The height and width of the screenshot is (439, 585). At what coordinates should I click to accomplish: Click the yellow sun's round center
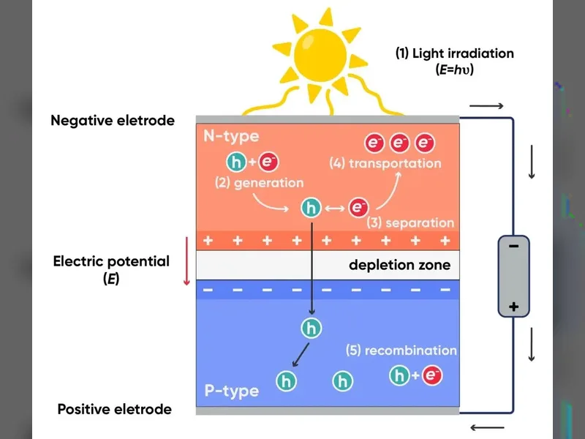coord(320,56)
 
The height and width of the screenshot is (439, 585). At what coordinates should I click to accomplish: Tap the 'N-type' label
coord(231,137)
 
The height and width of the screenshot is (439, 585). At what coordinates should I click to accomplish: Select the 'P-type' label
coord(232,391)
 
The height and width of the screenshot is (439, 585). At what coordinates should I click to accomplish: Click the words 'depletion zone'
coord(399,265)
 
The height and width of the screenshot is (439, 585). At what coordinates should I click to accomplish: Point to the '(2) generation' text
coord(260,183)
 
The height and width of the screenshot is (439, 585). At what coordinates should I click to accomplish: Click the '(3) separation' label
coord(410,222)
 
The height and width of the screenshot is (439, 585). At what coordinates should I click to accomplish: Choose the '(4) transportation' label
coord(385,163)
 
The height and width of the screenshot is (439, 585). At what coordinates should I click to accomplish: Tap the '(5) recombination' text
coord(401,350)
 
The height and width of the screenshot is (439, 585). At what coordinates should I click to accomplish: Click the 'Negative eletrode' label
coord(113,121)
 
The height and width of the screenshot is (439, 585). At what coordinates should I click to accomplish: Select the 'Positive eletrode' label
coord(115,410)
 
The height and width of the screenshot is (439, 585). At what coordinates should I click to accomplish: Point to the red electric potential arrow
coord(186,260)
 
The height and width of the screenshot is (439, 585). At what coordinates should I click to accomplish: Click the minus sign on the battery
coord(514,246)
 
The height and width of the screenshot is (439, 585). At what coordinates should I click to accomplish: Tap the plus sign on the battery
coord(514,307)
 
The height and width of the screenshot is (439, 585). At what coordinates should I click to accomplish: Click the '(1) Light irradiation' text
coord(454,53)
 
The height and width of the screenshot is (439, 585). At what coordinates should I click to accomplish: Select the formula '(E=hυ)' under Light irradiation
coord(454,70)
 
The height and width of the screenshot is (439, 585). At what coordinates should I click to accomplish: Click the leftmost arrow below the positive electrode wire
coord(487,427)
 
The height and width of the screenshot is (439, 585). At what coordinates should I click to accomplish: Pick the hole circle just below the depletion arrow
coord(312,328)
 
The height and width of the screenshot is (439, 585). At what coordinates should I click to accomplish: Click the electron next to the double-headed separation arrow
coord(358,208)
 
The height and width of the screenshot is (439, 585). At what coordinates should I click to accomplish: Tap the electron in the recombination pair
coord(432,375)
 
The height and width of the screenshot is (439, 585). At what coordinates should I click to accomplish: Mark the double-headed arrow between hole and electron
coord(335,209)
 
